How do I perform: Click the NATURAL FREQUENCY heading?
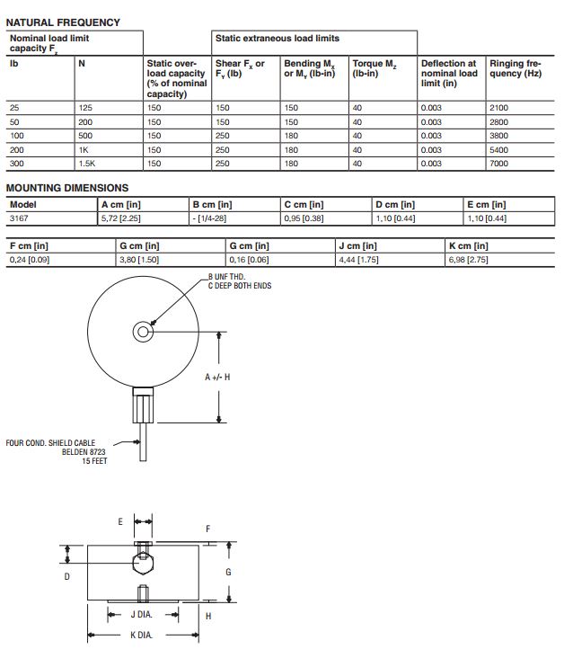point(63,22)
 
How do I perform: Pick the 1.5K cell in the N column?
point(86,164)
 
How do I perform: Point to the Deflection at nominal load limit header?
point(449,73)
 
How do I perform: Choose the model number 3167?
point(19,218)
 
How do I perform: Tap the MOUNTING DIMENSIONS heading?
point(67,188)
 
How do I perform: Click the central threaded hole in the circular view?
point(141,332)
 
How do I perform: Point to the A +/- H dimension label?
point(218,377)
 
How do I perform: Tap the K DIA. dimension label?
point(142,635)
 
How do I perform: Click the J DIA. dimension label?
point(142,615)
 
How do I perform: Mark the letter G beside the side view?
point(229,571)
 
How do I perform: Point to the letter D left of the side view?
point(66,576)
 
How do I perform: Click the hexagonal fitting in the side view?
point(142,563)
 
